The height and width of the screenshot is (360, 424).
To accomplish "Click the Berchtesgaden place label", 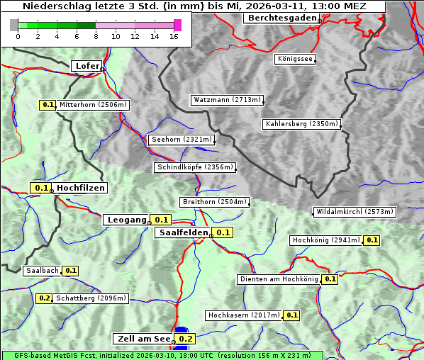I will pyautogui.click(x=281, y=18).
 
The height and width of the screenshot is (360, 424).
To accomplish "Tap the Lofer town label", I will pyautogui.click(x=87, y=66).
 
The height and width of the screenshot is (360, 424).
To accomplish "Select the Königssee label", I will pyautogui.click(x=295, y=59).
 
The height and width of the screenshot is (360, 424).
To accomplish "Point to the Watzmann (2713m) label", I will pyautogui.click(x=227, y=100).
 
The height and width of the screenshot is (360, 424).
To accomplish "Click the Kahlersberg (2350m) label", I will pyautogui.click(x=301, y=124).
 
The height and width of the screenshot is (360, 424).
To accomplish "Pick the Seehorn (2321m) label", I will pyautogui.click(x=182, y=140).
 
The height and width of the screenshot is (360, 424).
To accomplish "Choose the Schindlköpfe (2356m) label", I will pyautogui.click(x=194, y=167).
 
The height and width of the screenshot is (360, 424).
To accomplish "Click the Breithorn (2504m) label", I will pyautogui.click(x=214, y=202).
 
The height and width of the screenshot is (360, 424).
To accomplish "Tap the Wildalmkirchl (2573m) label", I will pyautogui.click(x=354, y=212).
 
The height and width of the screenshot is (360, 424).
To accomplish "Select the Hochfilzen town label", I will pyautogui.click(x=81, y=188).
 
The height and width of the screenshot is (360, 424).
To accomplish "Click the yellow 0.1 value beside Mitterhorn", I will pyautogui.click(x=48, y=105).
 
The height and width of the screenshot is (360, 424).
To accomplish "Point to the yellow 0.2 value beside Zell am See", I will pyautogui.click(x=186, y=339).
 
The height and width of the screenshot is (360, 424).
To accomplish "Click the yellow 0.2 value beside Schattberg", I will pyautogui.click(x=44, y=298).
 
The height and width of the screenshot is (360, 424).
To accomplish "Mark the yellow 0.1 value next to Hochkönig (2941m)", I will pyautogui.click(x=372, y=240).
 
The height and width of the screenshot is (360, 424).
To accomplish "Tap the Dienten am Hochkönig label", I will pyautogui.click(x=278, y=279).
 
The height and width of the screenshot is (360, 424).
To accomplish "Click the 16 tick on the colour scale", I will pyautogui.click(x=174, y=36).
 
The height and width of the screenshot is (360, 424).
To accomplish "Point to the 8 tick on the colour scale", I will pyautogui.click(x=95, y=36).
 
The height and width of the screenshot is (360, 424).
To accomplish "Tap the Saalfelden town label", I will pyautogui.click(x=182, y=232).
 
